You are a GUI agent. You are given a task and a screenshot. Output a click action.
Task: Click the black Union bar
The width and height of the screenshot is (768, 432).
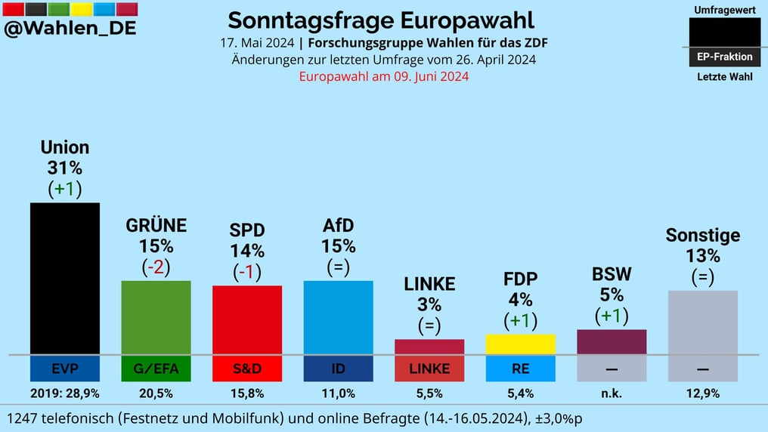[x=65, y=278]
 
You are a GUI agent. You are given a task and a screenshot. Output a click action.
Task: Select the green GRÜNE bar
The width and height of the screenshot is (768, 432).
[x=156, y=317]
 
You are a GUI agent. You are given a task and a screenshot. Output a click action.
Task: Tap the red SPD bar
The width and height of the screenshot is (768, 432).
[x=247, y=319]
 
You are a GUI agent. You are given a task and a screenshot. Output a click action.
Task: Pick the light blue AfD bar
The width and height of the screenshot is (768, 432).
[x=338, y=317]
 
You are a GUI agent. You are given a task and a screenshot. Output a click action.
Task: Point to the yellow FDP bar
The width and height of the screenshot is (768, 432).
[x=520, y=344]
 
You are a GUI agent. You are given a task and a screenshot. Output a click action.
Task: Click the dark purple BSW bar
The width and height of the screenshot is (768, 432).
[x=612, y=341]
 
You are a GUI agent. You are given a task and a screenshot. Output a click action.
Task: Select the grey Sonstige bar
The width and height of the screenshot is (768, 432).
[x=702, y=322]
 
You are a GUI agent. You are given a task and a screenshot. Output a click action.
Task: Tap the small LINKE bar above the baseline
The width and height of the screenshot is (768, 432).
[x=429, y=347]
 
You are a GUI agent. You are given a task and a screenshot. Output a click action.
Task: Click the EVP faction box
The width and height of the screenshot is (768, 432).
[x=65, y=369]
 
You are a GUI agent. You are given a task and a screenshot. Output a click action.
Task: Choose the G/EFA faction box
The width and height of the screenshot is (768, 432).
[x=156, y=369]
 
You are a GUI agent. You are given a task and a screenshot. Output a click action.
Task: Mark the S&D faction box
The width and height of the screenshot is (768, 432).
[x=247, y=369]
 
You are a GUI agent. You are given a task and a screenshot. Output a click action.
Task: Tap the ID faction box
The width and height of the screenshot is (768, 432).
[x=338, y=369]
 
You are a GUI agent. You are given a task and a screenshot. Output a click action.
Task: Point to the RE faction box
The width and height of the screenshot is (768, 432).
[x=520, y=369]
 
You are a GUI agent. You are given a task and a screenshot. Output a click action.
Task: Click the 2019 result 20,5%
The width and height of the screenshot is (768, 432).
[x=156, y=393]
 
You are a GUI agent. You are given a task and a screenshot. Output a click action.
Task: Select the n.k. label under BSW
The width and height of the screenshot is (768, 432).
[x=612, y=393]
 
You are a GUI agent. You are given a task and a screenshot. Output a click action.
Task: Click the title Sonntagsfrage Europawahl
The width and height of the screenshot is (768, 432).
[x=381, y=20]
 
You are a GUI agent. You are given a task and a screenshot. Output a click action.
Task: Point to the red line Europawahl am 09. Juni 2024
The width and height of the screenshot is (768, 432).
[x=384, y=76]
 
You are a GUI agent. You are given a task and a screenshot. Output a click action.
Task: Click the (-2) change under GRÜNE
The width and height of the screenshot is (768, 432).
[x=156, y=267]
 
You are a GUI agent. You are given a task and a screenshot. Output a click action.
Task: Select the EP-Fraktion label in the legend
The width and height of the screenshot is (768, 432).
[x=725, y=57]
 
